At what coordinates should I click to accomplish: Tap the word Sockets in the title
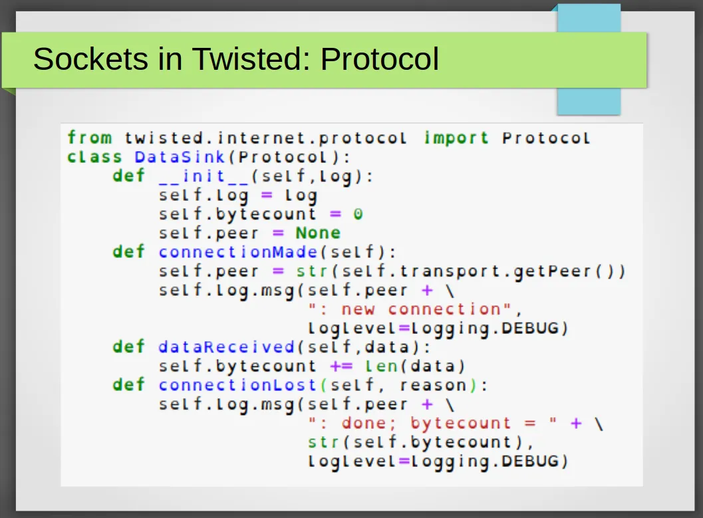tap(90, 59)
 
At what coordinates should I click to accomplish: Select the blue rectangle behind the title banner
tap(589, 60)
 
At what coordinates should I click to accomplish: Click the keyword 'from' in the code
tap(90, 137)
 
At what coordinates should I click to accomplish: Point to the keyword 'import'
tap(456, 138)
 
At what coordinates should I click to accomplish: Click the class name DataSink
tap(180, 157)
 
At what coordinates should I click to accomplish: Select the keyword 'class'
tap(94, 157)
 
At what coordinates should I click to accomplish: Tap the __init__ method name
tap(204, 176)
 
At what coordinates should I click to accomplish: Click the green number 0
tap(358, 214)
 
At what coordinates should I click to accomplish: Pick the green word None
tap(318, 233)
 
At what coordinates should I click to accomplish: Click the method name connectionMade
tap(238, 252)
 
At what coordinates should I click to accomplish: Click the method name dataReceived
tap(226, 347)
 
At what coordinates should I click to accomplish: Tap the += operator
tap(341, 366)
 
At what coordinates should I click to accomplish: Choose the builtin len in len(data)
tap(381, 366)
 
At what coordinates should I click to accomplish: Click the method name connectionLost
tap(238, 385)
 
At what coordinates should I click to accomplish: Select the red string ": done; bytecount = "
tap(432, 424)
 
